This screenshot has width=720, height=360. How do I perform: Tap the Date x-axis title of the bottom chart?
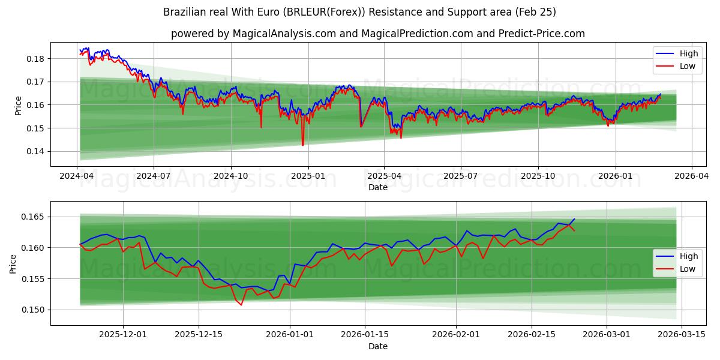point(378,346)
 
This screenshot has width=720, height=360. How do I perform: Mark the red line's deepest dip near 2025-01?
point(302,145)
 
